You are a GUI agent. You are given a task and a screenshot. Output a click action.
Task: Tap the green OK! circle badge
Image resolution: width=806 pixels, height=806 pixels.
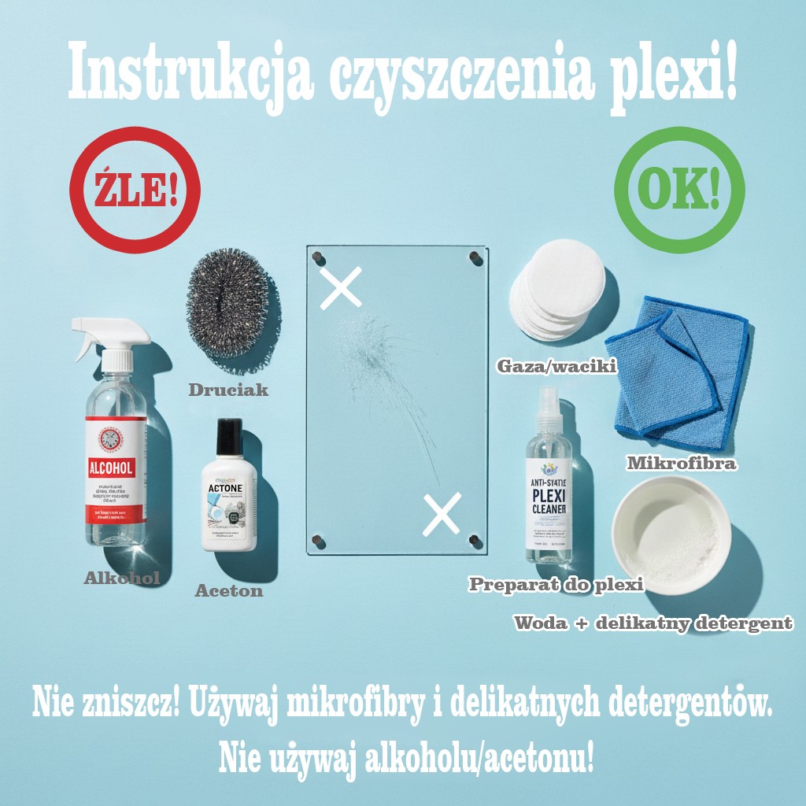click(679, 188)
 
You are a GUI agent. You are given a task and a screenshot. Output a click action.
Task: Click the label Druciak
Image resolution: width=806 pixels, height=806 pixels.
click(228, 390)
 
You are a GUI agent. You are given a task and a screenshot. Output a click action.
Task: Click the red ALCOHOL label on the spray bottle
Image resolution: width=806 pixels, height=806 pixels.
click(115, 468)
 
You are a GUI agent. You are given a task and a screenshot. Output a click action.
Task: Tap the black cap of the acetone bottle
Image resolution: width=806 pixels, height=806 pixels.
click(229, 437)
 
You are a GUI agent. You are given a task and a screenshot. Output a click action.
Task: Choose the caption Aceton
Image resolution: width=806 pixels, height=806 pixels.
click(229, 590)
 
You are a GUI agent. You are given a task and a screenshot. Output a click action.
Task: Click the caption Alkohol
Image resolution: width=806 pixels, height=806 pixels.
click(122, 579)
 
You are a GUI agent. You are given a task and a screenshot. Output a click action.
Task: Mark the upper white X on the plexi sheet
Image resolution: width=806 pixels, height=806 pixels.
click(342, 287)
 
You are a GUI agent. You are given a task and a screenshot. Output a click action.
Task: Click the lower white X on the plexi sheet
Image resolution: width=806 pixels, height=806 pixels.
click(442, 515)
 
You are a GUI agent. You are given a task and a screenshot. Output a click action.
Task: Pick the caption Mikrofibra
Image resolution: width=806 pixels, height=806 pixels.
click(682, 463)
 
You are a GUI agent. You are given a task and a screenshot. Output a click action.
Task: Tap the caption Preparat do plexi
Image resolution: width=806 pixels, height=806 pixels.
click(556, 584)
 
